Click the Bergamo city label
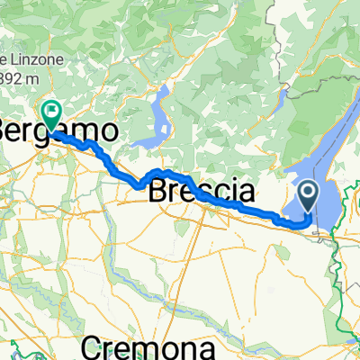click(58, 130)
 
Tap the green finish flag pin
click(50, 114)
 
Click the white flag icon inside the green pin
click(50, 112)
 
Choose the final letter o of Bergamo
click(108, 130)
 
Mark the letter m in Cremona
click(156, 346)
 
